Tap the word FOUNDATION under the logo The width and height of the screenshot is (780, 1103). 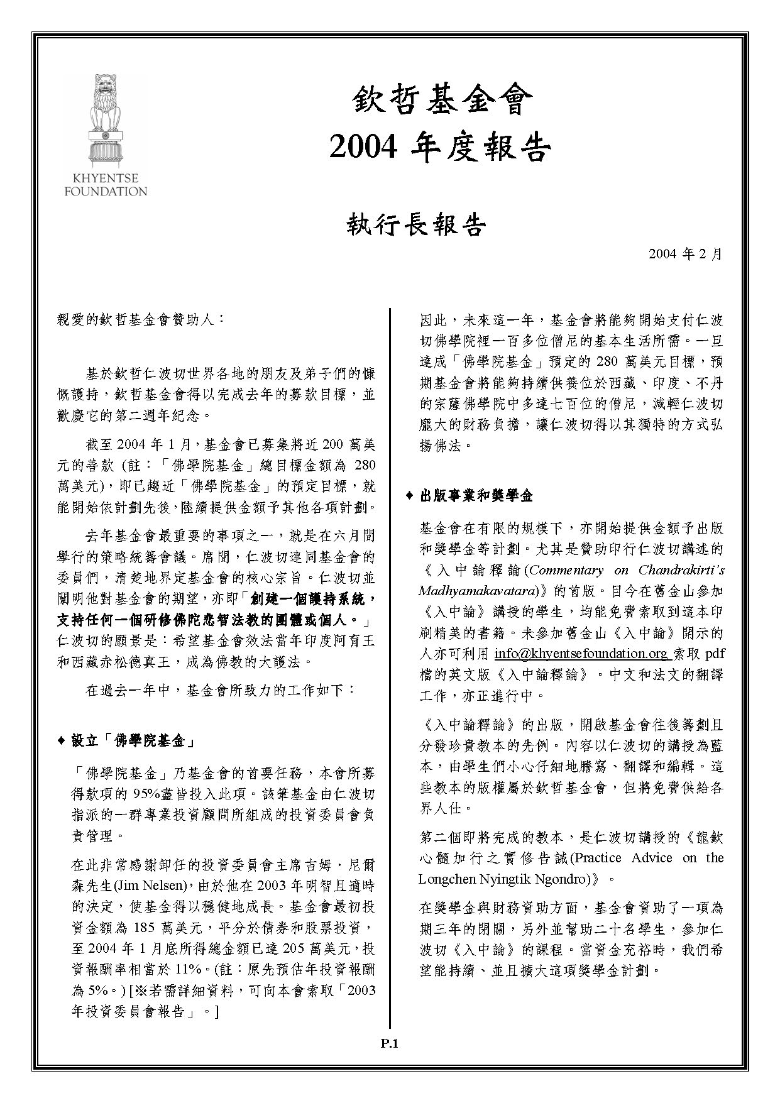(106, 191)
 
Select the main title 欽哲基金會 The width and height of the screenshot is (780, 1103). (438, 101)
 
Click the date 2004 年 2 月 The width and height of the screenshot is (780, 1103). (686, 254)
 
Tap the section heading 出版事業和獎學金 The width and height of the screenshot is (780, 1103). (476, 496)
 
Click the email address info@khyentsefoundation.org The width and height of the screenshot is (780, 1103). (582, 654)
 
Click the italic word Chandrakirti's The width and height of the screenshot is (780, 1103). (681, 570)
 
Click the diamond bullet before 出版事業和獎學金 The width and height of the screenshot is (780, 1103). (409, 496)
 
